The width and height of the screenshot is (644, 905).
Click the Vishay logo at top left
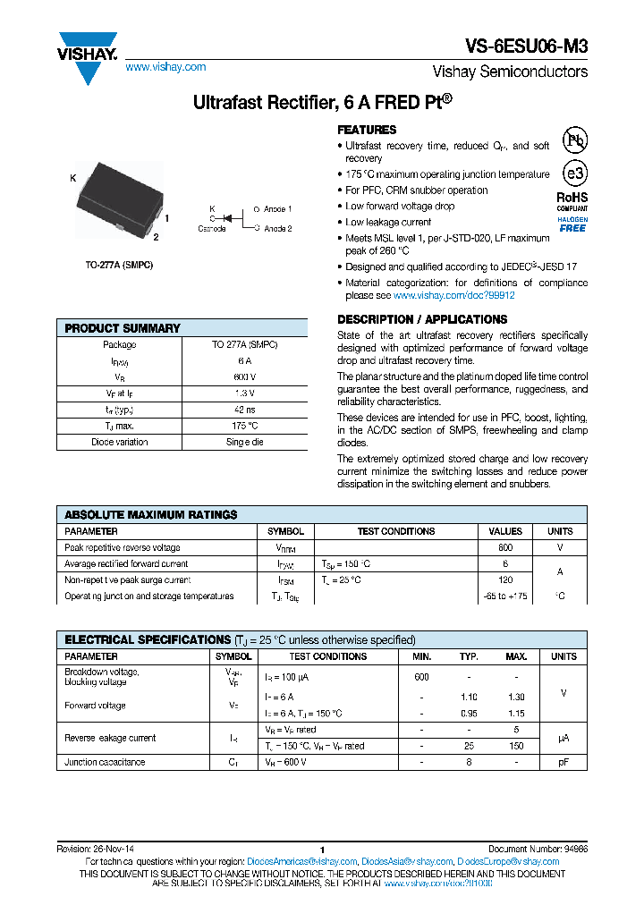87,56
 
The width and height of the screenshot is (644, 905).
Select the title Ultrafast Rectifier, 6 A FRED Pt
322,103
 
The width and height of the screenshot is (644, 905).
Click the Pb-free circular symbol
574,140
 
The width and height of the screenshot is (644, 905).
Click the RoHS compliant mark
572,199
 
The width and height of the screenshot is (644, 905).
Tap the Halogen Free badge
572,224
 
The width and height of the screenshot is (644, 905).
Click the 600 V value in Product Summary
245,376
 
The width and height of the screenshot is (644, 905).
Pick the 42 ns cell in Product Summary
245,410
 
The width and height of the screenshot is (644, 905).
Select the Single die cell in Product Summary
245,442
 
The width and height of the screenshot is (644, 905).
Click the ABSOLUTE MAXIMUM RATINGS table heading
151,514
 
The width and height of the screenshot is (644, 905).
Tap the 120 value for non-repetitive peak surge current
505,579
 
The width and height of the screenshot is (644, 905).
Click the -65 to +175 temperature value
505,596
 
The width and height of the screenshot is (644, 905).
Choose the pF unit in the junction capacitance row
563,762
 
